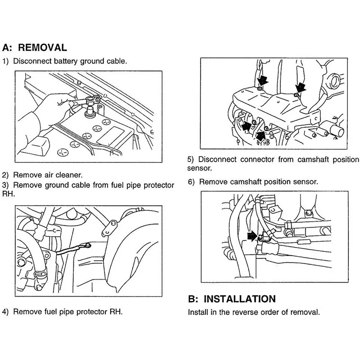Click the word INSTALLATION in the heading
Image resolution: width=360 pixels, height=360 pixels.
pos(239,299)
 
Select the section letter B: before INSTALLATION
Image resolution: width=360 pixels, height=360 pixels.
pos(193,299)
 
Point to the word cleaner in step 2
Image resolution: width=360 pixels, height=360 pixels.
pos(69,175)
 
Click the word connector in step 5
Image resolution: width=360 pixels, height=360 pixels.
pos(260,159)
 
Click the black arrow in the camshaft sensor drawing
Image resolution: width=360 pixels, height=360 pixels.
pos(252,236)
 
